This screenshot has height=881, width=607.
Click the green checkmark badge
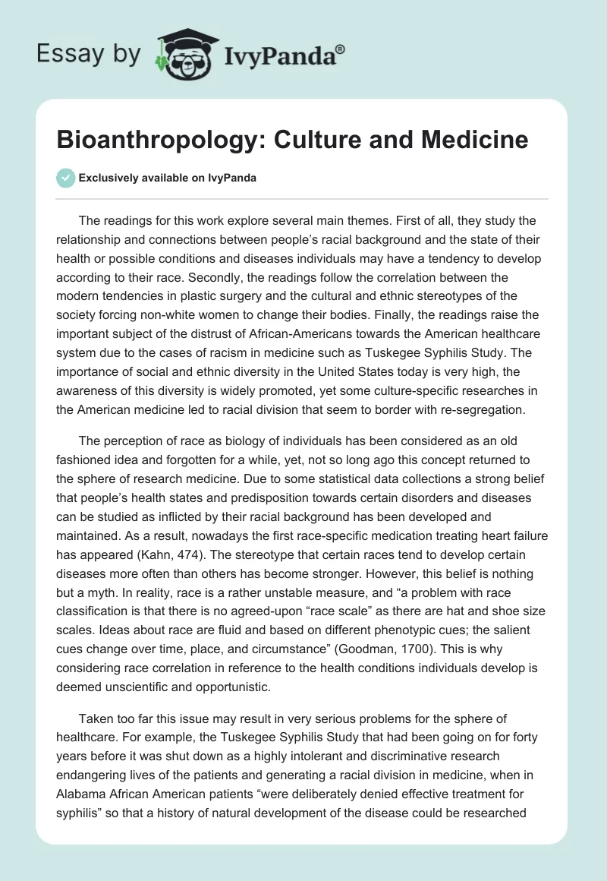click(66, 178)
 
